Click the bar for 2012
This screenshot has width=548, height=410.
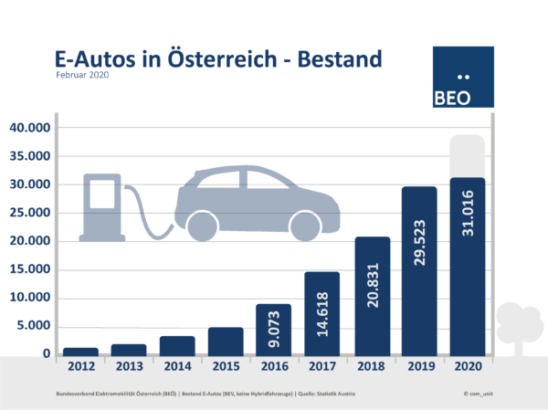(x=80, y=351)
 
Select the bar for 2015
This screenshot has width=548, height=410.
(x=226, y=340)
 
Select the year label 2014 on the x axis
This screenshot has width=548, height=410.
(x=177, y=367)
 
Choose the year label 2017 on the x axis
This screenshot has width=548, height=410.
(x=322, y=367)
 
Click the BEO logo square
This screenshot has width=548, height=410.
(x=462, y=77)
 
